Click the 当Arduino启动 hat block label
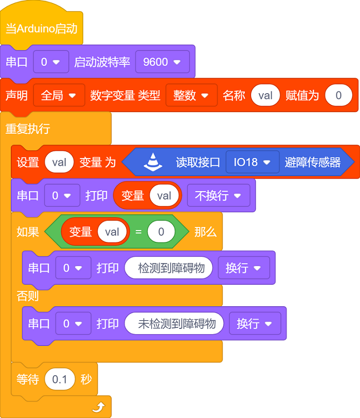coord(42,28)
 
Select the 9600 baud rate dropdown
coord(163,62)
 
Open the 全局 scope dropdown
coord(59,95)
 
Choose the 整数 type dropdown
coord(191,95)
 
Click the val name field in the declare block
coord(265,95)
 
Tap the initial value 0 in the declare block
coord(338,95)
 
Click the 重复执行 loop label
coord(28,129)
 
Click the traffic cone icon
coord(153,162)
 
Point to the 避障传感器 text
coord(313,162)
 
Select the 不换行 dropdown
coord(219,196)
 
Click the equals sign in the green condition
coord(138,232)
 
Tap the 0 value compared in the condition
coord(161,232)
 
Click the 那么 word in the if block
coord(205,232)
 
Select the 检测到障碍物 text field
coord(169,268)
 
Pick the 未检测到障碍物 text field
coord(174,323)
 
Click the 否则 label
coord(28,295)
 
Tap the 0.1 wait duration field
coord(60,379)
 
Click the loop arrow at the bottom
coord(99,407)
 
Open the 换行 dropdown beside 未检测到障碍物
coord(255,323)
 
